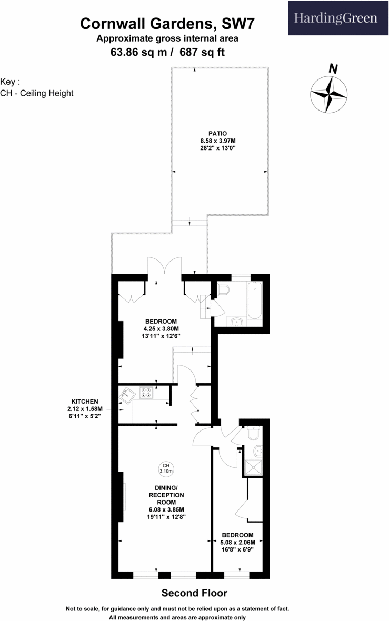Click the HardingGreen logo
[336, 18]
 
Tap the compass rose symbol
[329, 94]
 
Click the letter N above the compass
[333, 68]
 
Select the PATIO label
[217, 134]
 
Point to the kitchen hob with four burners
[146, 393]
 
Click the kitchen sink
[126, 394]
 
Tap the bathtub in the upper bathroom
[255, 301]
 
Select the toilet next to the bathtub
[224, 290]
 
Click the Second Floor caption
[194, 593]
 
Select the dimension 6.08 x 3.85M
[167, 509]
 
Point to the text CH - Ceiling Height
[37, 93]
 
